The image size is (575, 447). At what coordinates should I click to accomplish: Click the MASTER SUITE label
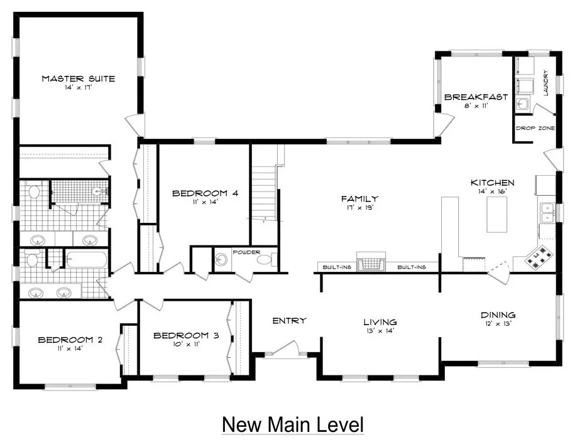[78, 78]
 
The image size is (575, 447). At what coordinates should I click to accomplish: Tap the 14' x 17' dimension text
[78, 88]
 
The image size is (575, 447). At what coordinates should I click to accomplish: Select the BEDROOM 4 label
[205, 193]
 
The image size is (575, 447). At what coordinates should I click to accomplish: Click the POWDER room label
[246, 252]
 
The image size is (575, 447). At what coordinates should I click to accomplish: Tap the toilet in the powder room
[265, 260]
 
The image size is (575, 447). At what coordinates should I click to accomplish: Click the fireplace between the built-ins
[371, 262]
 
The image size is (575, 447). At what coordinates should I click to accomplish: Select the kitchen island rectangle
[497, 214]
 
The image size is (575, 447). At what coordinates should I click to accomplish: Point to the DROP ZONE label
[535, 128]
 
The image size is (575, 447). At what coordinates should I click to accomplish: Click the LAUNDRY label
[545, 83]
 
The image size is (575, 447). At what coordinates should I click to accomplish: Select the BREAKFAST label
[476, 97]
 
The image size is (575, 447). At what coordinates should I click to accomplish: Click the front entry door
[285, 348]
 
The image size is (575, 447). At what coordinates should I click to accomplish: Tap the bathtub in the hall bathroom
[87, 260]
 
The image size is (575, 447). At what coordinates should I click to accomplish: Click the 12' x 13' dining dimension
[498, 323]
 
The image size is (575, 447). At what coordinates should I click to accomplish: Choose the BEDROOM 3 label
[186, 335]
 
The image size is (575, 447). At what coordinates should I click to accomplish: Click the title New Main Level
[293, 424]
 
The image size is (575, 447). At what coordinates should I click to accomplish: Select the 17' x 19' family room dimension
[359, 207]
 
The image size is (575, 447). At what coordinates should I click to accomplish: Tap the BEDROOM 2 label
[70, 340]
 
